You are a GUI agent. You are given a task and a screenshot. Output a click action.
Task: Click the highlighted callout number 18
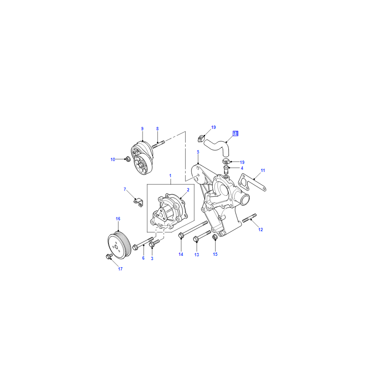[x=235, y=134]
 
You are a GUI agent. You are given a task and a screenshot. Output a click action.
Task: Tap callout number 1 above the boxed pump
[x=170, y=176]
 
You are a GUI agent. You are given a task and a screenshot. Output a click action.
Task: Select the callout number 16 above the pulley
[x=118, y=219]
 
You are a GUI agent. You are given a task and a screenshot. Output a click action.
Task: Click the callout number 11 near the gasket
[x=263, y=171]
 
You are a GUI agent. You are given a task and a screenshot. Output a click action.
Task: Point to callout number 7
[x=125, y=189]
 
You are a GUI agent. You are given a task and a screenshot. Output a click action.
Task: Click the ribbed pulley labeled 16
[x=119, y=245]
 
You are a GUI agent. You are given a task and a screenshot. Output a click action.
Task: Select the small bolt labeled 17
[x=109, y=256]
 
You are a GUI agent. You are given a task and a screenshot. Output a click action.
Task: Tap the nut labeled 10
[x=127, y=159]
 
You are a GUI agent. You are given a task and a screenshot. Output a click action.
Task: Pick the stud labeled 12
[x=249, y=217]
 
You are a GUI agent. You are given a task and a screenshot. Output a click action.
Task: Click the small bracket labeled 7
[x=139, y=203]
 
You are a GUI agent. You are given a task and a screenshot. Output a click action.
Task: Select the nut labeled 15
[x=215, y=237]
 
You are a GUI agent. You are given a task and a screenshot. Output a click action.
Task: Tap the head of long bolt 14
[x=180, y=235]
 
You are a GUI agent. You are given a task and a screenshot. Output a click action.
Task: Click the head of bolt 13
[x=196, y=239]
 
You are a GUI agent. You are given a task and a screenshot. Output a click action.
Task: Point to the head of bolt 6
[x=135, y=247]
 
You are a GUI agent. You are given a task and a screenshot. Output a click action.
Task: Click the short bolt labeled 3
[x=154, y=243]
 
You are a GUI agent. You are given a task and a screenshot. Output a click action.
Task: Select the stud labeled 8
[x=158, y=144]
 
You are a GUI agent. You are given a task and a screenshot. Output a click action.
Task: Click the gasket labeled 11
[x=253, y=182]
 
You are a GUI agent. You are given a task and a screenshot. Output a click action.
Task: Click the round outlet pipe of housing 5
[x=244, y=199]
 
